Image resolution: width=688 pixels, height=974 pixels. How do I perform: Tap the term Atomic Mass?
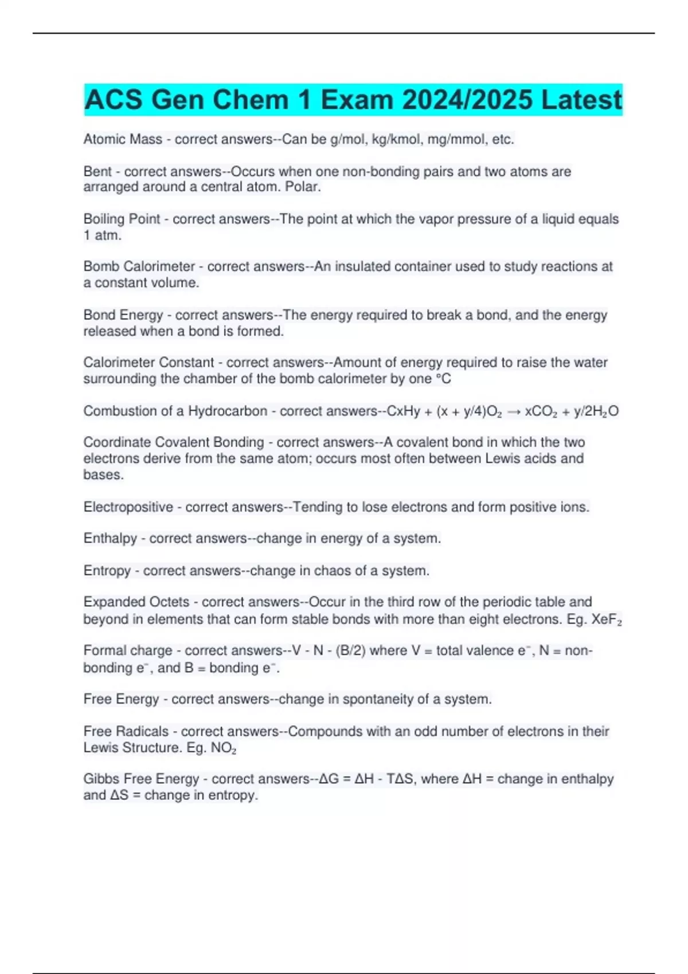[123, 139]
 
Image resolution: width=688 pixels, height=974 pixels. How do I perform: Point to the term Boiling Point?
[122, 219]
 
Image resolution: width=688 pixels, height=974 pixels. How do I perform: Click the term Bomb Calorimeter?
[139, 266]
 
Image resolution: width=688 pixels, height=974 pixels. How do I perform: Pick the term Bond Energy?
[123, 315]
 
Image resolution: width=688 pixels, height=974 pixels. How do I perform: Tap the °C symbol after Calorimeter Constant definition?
[443, 379]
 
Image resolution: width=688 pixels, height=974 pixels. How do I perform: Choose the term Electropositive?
[128, 507]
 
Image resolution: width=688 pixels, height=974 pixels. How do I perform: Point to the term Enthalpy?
[110, 539]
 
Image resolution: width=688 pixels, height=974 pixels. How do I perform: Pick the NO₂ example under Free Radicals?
[224, 748]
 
